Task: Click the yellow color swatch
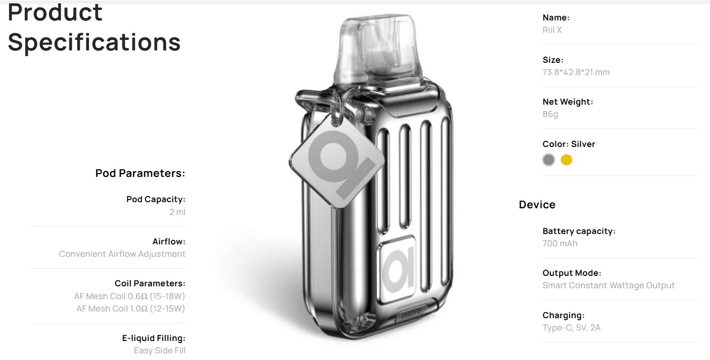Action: point(566,160)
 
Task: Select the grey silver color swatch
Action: point(549,160)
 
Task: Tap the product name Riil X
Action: point(552,30)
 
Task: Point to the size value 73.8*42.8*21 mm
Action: point(576,72)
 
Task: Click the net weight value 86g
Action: point(550,114)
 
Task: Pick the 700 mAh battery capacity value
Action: point(560,243)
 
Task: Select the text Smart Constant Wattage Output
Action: point(609,285)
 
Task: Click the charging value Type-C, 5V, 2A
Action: point(572,328)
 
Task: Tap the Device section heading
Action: point(537,204)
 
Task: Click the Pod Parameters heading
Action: point(140,173)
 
